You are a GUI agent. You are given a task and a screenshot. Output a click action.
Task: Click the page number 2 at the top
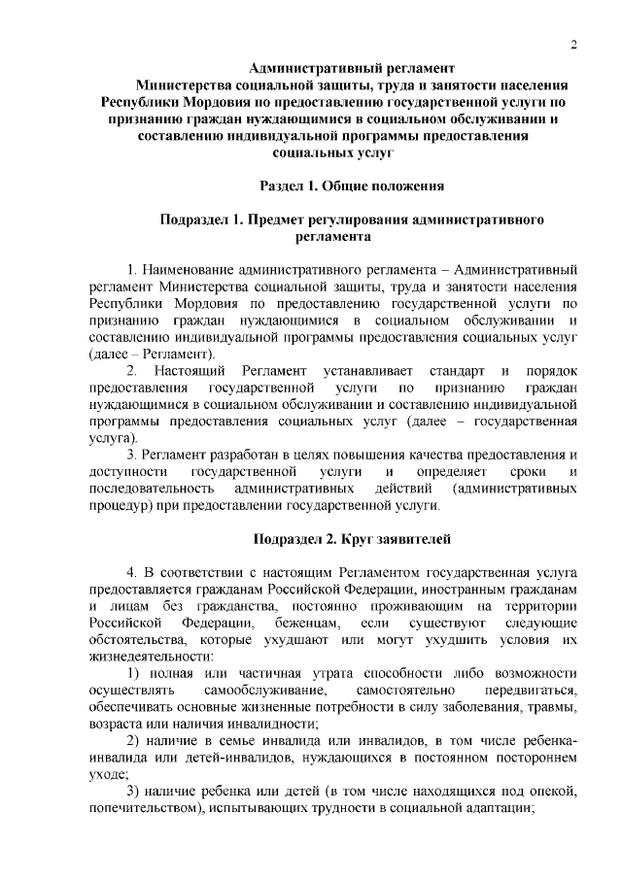(574, 45)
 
